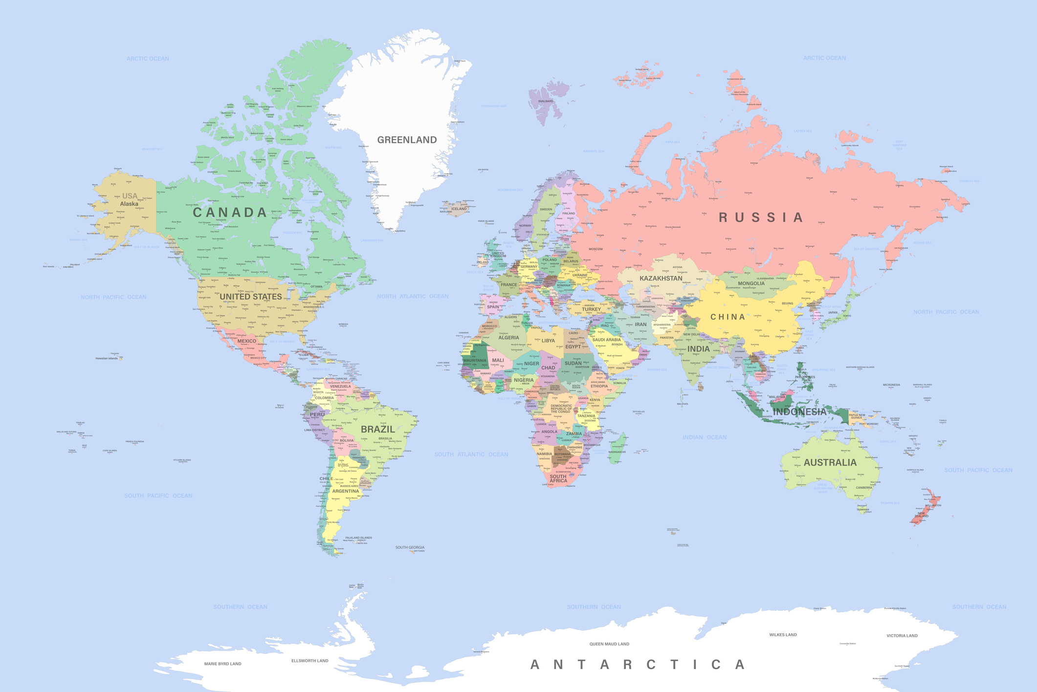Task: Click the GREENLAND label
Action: tap(407, 140)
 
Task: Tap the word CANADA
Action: tap(230, 212)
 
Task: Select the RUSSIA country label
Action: tap(761, 217)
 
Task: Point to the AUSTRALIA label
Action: tap(830, 462)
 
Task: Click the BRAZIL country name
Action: tap(377, 429)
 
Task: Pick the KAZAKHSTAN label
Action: tap(661, 278)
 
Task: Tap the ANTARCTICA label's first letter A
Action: tap(535, 665)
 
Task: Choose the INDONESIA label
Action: tap(799, 412)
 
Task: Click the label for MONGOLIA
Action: tap(751, 283)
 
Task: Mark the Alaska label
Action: tap(129, 204)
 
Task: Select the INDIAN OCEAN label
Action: tap(705, 437)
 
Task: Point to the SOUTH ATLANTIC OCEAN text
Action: tap(471, 454)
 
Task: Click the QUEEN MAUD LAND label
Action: tap(609, 644)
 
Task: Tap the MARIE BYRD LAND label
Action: tap(222, 664)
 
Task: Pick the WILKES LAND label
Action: tap(783, 635)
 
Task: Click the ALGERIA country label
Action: tap(508, 338)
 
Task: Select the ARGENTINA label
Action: tap(345, 491)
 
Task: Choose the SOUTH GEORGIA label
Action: tap(410, 547)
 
